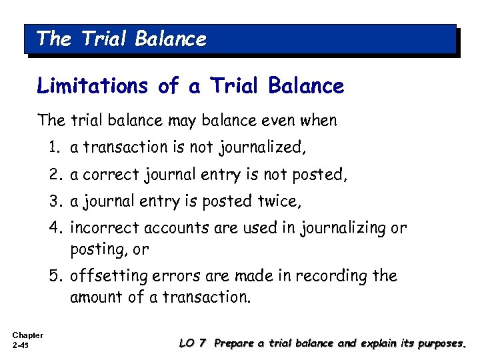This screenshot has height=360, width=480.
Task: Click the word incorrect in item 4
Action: click(x=101, y=228)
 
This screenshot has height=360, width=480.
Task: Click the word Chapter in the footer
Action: click(x=27, y=335)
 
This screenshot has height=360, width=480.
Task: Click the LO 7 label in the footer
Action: click(x=193, y=343)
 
